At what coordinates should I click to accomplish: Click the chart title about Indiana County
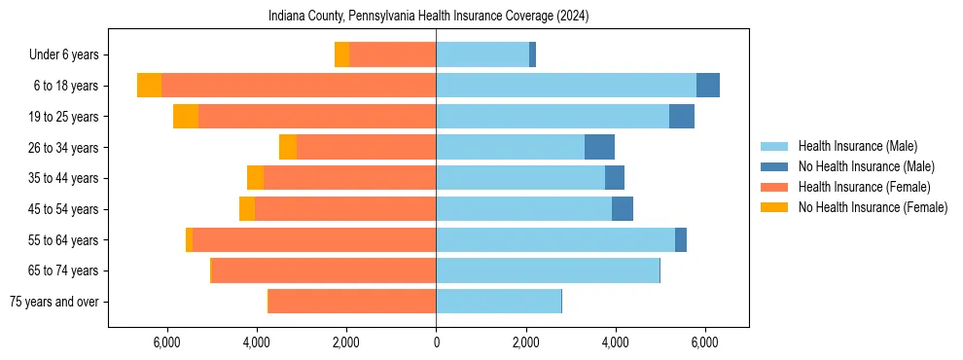point(428,16)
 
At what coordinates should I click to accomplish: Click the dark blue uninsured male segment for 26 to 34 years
point(599,147)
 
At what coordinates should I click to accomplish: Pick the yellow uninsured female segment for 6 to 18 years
point(149,86)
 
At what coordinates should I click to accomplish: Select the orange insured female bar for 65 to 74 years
point(323,270)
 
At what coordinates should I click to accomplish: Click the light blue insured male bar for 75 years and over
point(498,302)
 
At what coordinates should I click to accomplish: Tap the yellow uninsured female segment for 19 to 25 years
point(186,117)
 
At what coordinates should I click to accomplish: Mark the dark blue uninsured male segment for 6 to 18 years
point(708,86)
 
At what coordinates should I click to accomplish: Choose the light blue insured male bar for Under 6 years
point(482,55)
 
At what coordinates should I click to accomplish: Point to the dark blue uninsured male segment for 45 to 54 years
point(623,209)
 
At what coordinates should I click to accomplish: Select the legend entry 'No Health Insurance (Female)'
point(873,207)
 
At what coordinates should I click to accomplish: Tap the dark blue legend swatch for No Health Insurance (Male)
point(774,166)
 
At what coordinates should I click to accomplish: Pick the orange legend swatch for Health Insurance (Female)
point(774,187)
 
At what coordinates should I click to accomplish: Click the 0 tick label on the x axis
point(436,342)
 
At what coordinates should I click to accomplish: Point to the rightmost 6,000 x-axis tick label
point(704,342)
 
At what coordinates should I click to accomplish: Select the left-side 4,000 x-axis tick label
point(257,342)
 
